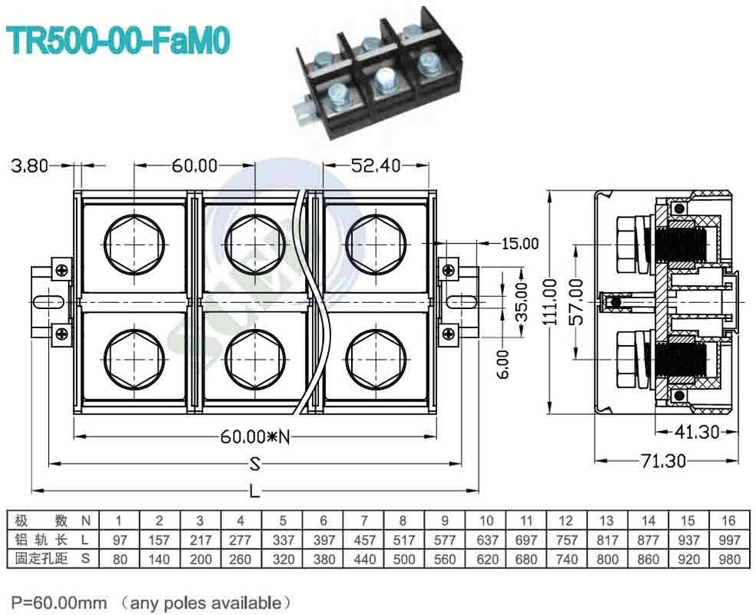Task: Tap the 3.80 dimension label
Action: (x=28, y=165)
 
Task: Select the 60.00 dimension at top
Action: (x=194, y=165)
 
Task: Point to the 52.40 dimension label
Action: (x=375, y=165)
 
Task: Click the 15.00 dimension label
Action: (x=519, y=244)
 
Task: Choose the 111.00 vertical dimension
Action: (x=549, y=301)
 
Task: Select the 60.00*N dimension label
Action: (x=255, y=437)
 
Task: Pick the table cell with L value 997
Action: (x=728, y=540)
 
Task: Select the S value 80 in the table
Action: (x=120, y=560)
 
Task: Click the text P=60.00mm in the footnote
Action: (x=58, y=601)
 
